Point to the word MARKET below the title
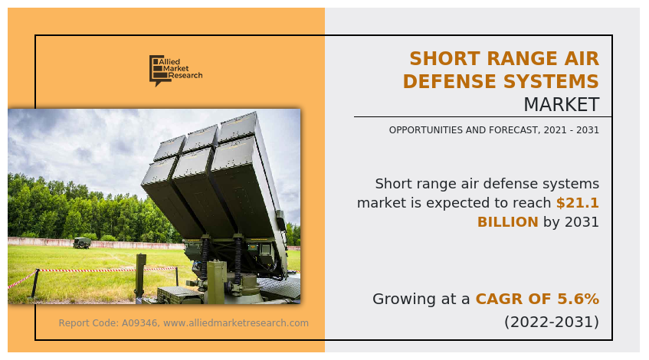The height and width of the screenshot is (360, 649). click(x=561, y=104)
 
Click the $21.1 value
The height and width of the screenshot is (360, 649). click(x=578, y=203)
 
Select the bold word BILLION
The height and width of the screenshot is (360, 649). click(x=507, y=222)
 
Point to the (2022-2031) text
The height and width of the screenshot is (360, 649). click(x=551, y=322)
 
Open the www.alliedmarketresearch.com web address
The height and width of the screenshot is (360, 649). click(x=236, y=323)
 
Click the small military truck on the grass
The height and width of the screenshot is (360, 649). click(x=82, y=243)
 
